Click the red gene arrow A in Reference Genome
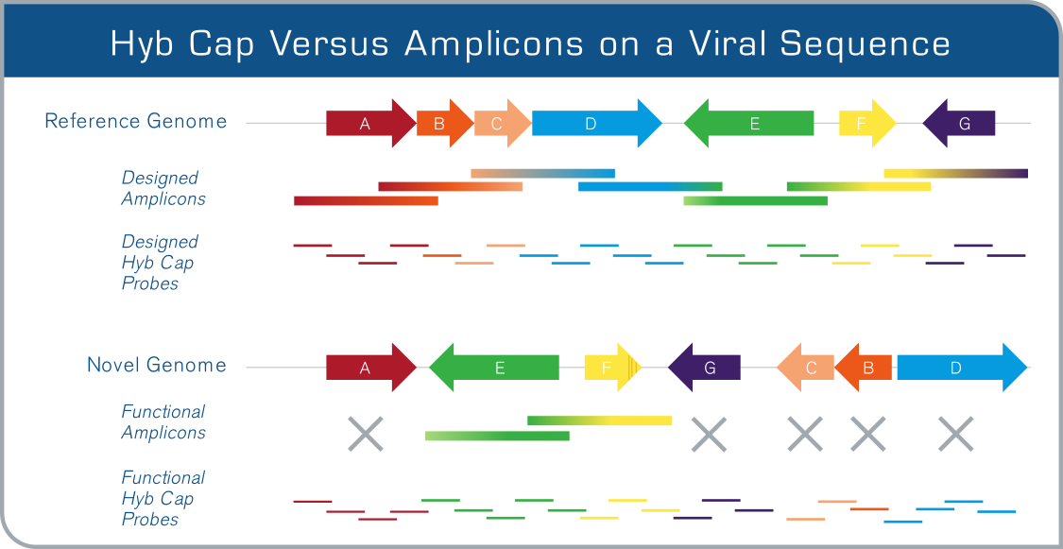point(370,124)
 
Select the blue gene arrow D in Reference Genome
point(596,124)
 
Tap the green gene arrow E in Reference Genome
point(748,124)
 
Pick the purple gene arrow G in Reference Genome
point(959,124)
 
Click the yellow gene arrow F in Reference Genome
point(867,124)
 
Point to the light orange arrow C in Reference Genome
point(503,124)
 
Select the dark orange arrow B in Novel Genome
point(863,368)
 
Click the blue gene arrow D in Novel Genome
point(962,368)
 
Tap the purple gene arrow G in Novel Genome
point(704,368)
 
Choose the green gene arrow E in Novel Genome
point(493,368)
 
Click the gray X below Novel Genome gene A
point(366,434)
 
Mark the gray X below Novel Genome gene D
point(956,434)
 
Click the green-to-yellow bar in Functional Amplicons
point(599,420)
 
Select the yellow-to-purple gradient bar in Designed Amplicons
point(956,174)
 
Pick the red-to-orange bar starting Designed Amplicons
point(366,200)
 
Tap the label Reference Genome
point(135,121)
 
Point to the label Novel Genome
point(157,366)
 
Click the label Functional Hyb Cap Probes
point(163,498)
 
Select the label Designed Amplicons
point(163,188)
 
